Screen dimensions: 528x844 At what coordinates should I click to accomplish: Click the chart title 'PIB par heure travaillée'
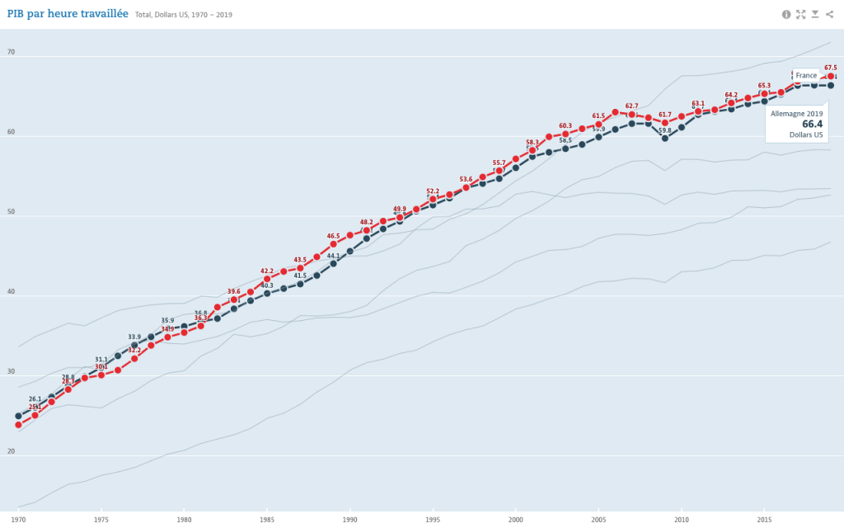coord(68,14)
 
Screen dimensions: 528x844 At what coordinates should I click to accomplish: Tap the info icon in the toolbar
coord(785,14)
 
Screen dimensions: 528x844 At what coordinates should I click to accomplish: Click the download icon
coord(815,14)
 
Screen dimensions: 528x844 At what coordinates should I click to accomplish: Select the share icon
coord(829,14)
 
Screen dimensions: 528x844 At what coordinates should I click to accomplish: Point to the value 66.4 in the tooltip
coord(812,124)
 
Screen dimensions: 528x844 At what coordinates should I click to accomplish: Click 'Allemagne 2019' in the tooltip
coord(796,113)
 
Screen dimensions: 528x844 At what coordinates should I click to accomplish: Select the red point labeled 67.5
coord(831,77)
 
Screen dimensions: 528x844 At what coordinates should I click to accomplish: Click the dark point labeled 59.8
coord(665,138)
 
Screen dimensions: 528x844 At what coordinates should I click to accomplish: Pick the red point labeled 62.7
coord(632,115)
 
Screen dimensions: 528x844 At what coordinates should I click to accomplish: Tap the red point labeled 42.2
coord(267,279)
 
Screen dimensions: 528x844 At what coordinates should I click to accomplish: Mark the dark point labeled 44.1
coord(334,263)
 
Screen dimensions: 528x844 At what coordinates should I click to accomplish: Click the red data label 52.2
coord(433,191)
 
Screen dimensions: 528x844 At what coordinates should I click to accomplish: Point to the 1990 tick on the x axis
coord(350,520)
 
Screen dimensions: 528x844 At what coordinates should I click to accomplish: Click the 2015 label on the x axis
coord(764,520)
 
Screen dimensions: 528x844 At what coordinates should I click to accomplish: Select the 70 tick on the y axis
coord(11,53)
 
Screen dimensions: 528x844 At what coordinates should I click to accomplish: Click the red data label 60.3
coord(565,125)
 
